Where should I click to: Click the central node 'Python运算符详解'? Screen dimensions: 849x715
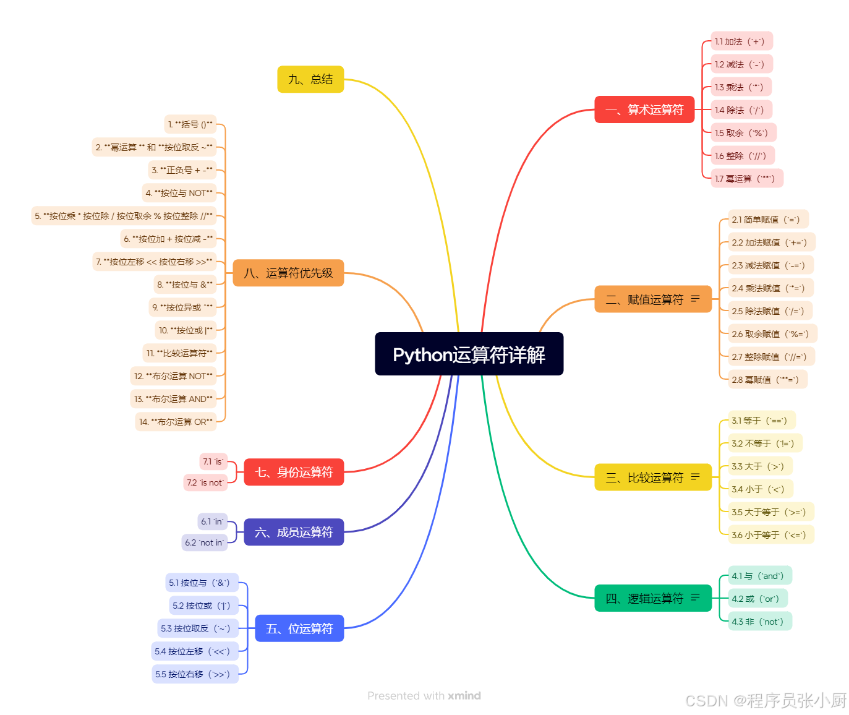(469, 354)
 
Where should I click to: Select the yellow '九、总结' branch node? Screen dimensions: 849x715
(310, 79)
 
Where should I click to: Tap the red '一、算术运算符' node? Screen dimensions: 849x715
(644, 109)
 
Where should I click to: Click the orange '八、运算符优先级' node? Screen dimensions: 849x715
(288, 273)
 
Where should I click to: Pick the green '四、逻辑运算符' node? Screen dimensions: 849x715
(644, 598)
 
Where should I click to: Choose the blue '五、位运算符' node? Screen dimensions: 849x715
(299, 628)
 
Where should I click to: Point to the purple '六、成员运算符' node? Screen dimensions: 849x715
(294, 532)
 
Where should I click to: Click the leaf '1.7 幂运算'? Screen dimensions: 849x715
(746, 179)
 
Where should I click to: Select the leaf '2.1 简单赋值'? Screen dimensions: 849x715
(766, 220)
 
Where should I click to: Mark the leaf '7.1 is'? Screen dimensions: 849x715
(213, 461)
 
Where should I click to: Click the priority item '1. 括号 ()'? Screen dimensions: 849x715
(190, 124)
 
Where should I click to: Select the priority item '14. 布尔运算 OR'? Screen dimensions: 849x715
(176, 422)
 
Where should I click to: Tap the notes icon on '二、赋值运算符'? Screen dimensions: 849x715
(696, 299)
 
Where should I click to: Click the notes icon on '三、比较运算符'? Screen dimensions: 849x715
(696, 477)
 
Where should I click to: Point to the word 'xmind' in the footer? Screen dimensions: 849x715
(464, 696)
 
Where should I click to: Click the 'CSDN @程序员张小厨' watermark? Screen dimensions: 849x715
(766, 700)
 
